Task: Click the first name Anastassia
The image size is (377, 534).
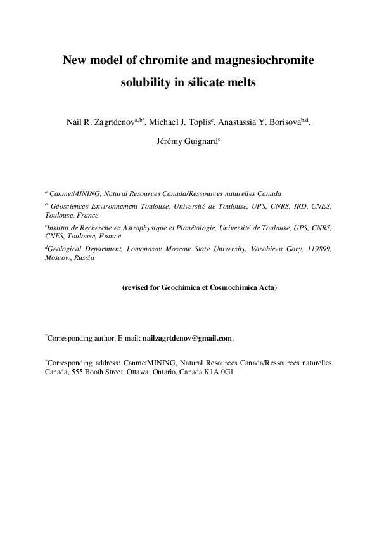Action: (240, 122)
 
